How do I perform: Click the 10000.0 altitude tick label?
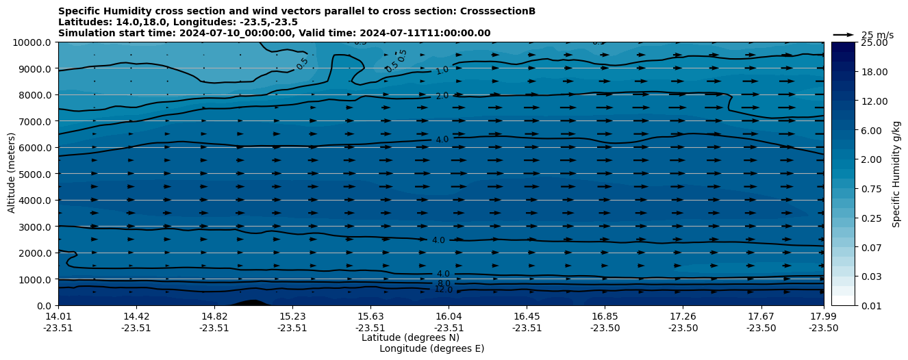(x=33, y=42)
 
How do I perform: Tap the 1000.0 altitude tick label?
(x=35, y=279)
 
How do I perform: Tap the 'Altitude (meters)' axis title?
(x=12, y=174)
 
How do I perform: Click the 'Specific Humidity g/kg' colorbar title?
(x=896, y=174)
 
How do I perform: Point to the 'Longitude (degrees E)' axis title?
(x=431, y=348)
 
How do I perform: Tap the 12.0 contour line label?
(x=444, y=290)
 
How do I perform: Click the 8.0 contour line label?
(x=444, y=283)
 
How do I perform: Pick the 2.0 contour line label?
(x=442, y=96)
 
